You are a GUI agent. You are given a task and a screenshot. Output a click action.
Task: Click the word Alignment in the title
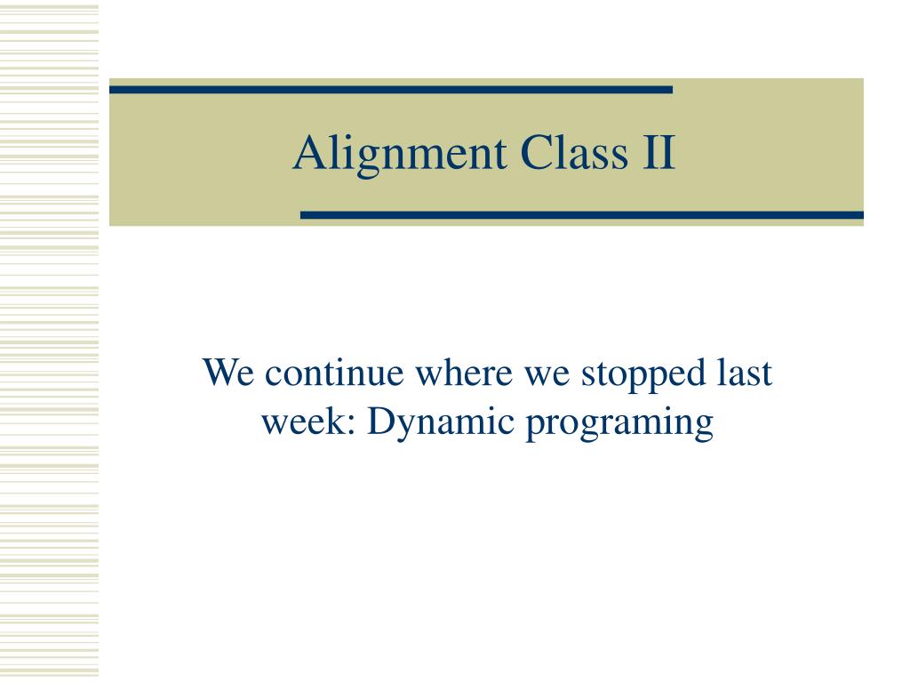(x=400, y=155)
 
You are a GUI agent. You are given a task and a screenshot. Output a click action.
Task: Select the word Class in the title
(x=575, y=152)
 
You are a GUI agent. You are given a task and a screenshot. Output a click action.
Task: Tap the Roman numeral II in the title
(x=659, y=152)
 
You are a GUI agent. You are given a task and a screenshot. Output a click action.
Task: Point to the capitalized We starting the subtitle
(x=228, y=373)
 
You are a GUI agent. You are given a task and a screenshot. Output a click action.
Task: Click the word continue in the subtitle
(x=334, y=373)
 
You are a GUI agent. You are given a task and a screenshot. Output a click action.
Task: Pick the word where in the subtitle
(x=464, y=373)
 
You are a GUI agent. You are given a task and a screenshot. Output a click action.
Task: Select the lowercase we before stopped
(x=547, y=376)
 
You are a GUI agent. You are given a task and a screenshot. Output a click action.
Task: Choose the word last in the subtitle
(x=744, y=373)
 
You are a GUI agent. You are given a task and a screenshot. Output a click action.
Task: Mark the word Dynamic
(x=441, y=424)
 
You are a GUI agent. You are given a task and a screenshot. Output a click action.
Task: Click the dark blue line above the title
(x=391, y=90)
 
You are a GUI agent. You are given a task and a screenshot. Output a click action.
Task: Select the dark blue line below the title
(x=582, y=215)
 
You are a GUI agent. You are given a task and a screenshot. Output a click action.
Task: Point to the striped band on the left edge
(x=50, y=341)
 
